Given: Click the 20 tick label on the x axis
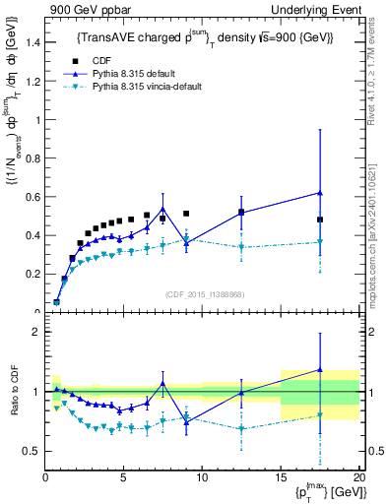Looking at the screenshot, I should click(358, 477).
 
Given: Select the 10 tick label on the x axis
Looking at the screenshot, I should click(202, 477).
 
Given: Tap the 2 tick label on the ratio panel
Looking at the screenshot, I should click(35, 332).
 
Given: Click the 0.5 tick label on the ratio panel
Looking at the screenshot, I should click(32, 451).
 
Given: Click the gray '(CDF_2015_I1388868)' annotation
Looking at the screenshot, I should click(201, 293).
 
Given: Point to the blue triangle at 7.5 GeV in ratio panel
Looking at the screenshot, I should click(162, 383).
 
